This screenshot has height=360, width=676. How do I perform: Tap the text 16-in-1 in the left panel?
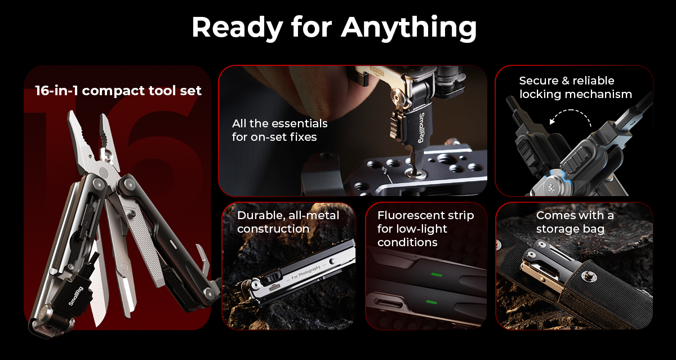click(56, 91)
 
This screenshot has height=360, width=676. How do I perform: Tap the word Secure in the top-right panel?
click(539, 81)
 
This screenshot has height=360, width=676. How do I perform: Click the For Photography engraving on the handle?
click(306, 273)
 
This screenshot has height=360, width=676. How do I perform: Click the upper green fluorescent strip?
click(437, 274)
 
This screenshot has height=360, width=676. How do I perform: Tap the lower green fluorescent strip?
click(431, 302)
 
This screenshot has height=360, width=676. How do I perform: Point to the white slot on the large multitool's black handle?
click(174, 244)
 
